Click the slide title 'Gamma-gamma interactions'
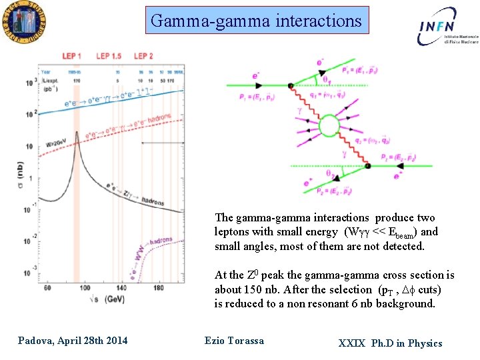(x=256, y=21)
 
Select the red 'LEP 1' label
(x=71, y=56)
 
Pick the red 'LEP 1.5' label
(x=108, y=56)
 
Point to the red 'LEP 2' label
(x=143, y=56)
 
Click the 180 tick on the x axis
(x=158, y=289)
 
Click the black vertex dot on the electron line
(x=291, y=85)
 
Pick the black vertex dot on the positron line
(x=366, y=165)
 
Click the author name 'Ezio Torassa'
(x=233, y=341)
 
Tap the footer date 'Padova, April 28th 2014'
(x=73, y=341)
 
